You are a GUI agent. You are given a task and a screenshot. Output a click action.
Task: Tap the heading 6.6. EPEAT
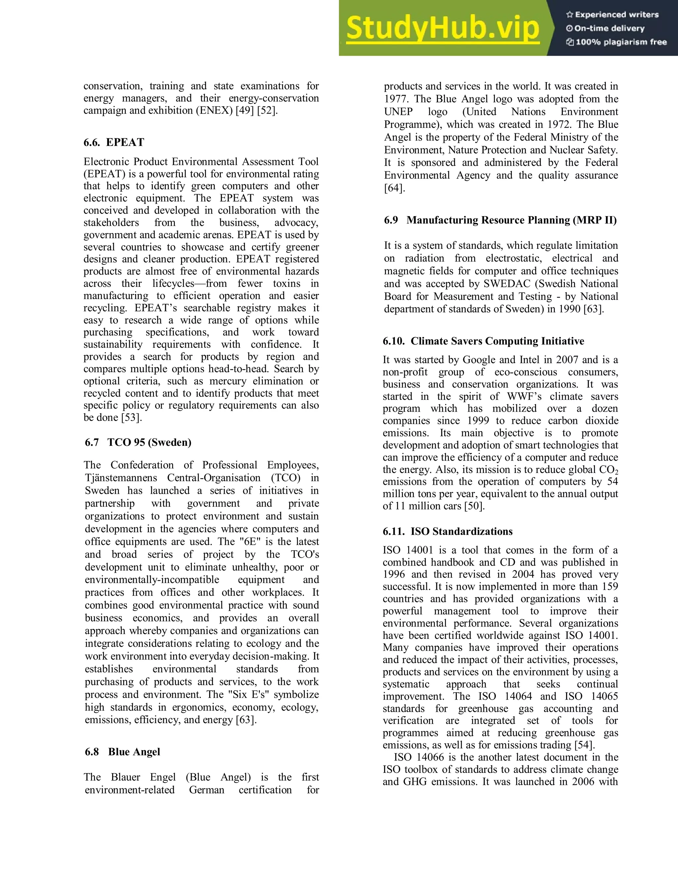pos(114,142)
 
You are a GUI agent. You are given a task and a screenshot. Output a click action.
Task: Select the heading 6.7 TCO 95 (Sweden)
pos(138,442)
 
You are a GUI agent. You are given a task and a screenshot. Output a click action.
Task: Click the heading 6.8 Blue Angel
pos(122,752)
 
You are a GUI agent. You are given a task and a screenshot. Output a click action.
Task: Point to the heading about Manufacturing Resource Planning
pos(500,220)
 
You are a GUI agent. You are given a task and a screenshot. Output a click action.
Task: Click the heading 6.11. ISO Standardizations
pos(448,531)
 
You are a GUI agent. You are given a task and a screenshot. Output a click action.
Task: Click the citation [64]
pos(394,188)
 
